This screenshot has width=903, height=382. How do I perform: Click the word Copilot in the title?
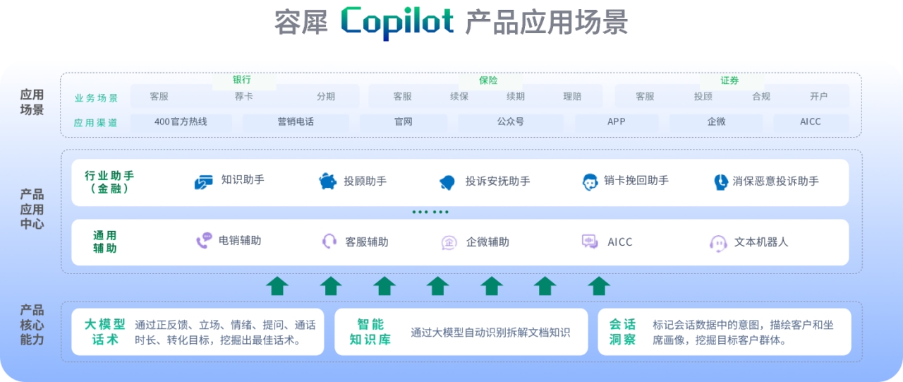397,23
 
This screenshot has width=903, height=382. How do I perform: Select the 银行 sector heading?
242,80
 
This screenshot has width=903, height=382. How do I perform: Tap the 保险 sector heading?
488,80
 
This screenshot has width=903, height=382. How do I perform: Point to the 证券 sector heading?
729,80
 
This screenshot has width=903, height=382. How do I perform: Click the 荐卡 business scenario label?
243,97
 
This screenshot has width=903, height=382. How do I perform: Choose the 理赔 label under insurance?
572,97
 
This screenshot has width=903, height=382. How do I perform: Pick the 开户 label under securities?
818,97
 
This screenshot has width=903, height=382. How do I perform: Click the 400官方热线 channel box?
181,121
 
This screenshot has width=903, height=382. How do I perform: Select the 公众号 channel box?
511,121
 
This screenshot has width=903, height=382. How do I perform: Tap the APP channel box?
617,121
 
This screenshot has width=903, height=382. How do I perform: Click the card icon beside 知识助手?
203,182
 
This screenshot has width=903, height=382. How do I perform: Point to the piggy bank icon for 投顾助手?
328,181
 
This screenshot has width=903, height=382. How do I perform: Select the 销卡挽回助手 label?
636,181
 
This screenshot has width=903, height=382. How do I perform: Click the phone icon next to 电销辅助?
204,241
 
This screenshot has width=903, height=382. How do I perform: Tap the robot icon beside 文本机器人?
718,243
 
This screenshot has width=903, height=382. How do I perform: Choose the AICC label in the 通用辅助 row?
620,242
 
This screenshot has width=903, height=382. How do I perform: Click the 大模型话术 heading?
105,332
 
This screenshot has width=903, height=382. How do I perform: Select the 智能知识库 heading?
370,332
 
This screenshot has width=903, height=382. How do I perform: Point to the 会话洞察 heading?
622,332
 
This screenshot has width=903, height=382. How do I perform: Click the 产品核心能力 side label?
32,325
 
